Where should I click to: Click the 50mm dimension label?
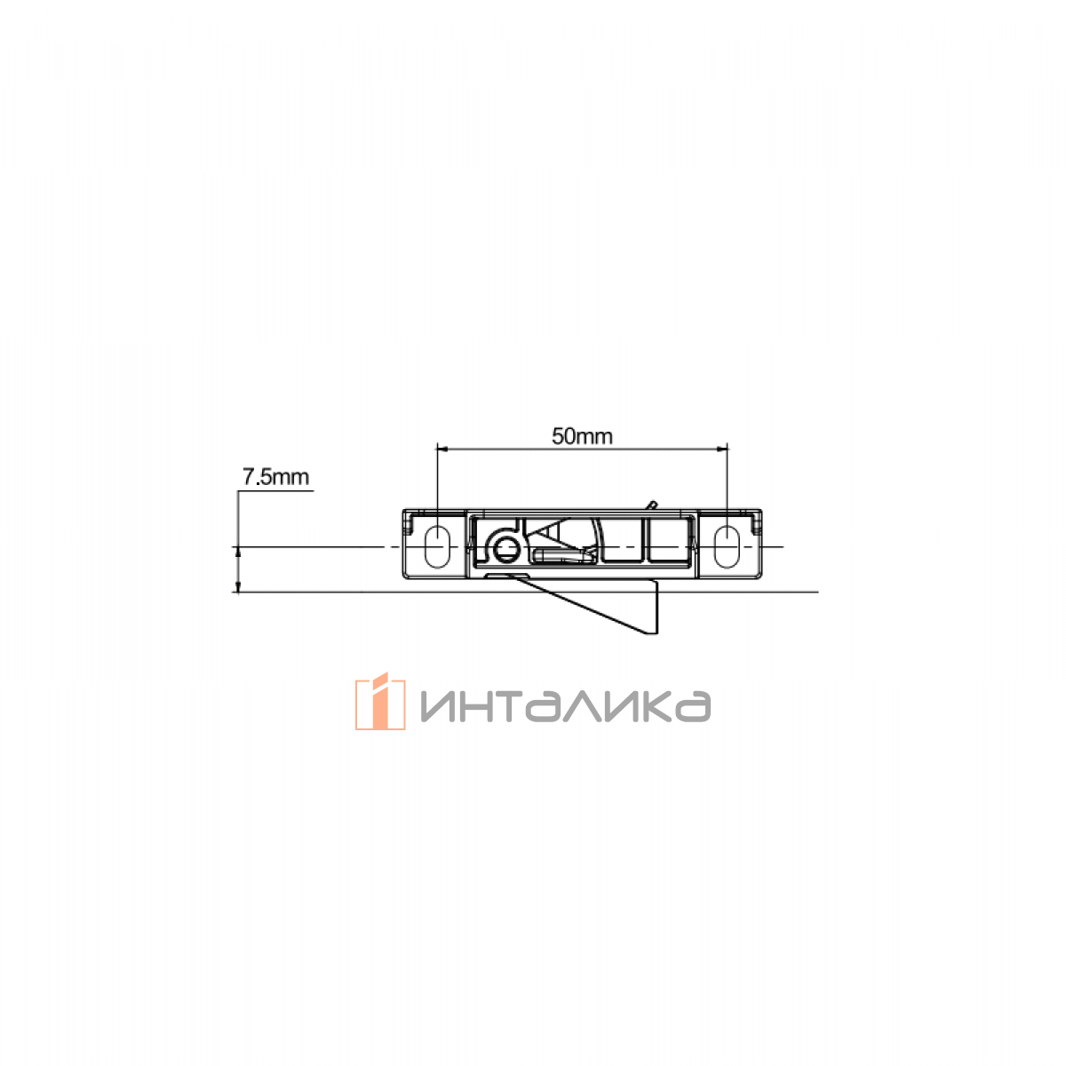[582, 436]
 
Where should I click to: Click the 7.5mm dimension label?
[275, 477]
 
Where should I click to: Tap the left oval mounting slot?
[437, 546]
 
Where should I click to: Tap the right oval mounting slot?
[727, 546]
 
